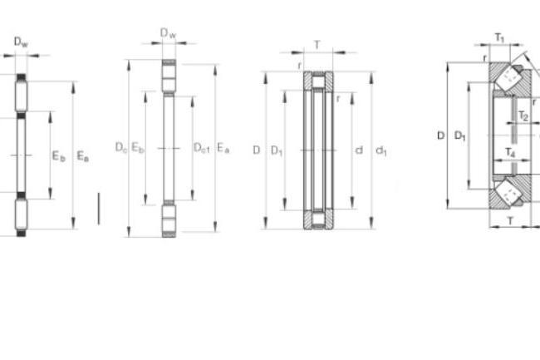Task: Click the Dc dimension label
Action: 121,147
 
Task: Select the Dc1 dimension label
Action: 202,148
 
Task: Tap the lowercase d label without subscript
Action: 359,150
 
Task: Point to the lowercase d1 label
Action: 381,150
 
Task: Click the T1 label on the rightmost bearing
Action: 499,37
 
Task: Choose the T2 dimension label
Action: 523,116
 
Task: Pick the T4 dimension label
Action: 510,152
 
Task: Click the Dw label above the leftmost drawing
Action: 21,42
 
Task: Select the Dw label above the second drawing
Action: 169,33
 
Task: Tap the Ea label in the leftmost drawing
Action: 82,156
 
